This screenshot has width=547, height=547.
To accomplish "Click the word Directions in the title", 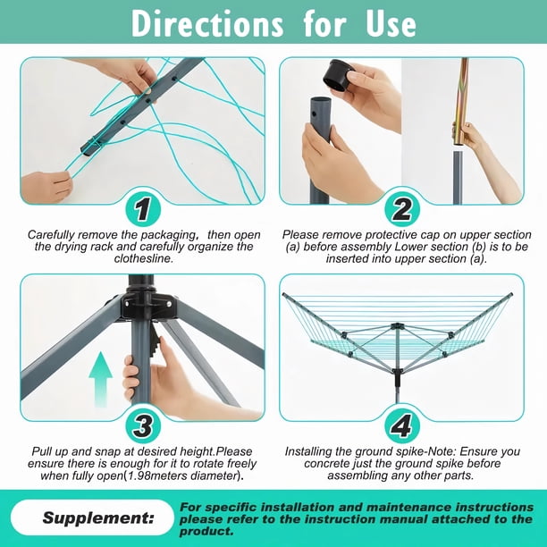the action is point(207,23).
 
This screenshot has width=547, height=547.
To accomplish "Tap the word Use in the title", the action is point(391,24).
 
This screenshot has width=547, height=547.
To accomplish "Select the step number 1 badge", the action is point(143,210).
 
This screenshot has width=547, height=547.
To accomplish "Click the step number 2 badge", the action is point(402,210).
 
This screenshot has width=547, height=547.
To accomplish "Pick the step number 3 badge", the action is point(143,426).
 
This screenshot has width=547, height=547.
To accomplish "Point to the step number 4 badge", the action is point(402,426).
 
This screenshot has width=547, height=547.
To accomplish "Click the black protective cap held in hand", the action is point(339,75).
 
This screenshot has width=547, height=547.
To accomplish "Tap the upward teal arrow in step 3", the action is point(100,380).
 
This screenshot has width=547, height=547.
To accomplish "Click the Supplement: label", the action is point(98,518).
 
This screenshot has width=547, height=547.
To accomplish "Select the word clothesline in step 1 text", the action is point(143,258).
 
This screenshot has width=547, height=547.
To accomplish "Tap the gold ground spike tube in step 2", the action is point(461,104).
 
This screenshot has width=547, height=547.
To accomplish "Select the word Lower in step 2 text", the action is point(408,247).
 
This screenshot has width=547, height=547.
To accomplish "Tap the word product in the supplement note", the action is point(206,531).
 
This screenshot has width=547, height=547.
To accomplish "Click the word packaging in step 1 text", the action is point(162,235).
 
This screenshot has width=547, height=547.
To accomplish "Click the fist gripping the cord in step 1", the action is point(46,187).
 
